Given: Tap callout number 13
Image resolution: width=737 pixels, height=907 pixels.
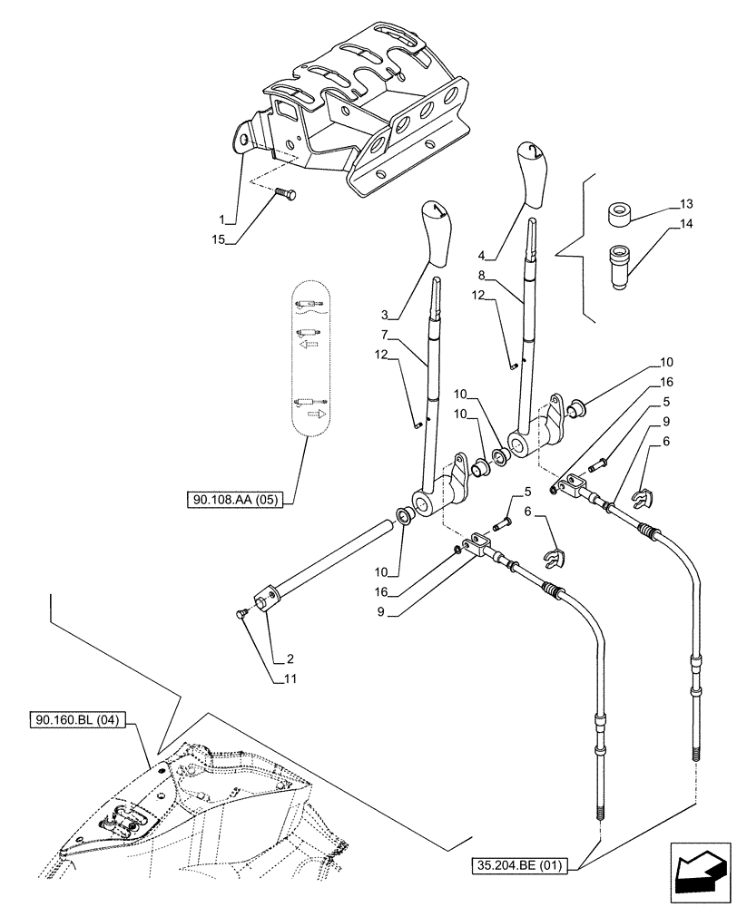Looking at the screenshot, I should point(684,203).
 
